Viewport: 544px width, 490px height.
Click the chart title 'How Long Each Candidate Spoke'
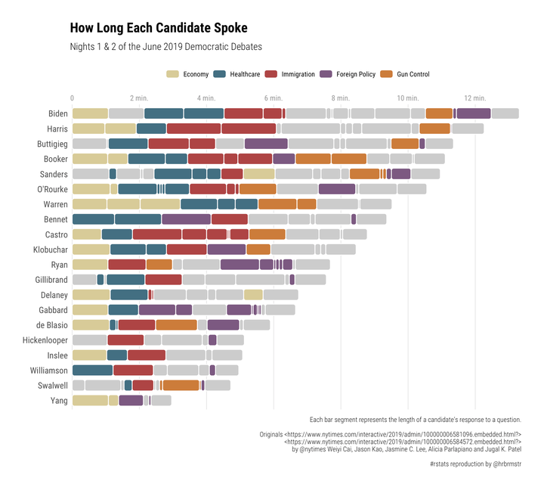pos(159,29)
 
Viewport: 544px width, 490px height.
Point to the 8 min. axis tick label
pos(340,98)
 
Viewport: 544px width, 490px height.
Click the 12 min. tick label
pos(474,98)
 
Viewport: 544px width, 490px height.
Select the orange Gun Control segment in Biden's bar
pos(439,113)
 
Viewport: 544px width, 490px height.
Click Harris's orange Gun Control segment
pos(434,129)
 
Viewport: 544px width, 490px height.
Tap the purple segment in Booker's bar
pos(283,159)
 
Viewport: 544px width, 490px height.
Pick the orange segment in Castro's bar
pos(267,234)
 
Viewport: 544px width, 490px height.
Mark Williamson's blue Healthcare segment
pos(92,371)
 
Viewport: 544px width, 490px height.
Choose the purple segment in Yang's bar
pos(131,401)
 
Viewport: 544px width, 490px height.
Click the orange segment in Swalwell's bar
pos(181,386)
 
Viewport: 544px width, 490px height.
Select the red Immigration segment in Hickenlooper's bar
pos(125,340)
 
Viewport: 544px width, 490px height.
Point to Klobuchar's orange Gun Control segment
pos(258,250)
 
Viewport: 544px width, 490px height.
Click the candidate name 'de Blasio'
pos(51,325)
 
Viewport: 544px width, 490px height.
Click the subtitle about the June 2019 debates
pos(165,47)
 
